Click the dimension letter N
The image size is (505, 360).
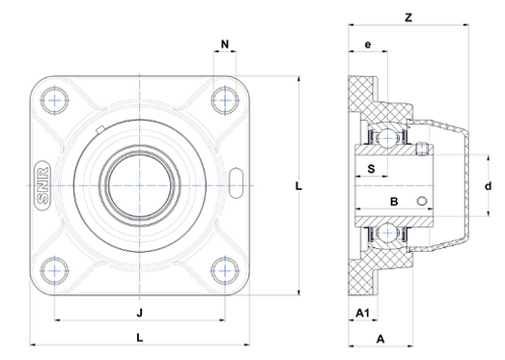tap(225, 44)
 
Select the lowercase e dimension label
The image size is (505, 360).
tap(367, 45)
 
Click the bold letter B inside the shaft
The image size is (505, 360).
tap(393, 201)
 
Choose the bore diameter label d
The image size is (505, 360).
tap(488, 185)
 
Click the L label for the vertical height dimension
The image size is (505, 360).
tap(300, 186)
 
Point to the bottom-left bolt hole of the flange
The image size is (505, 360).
tap(56, 270)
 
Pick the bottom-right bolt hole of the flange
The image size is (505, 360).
tap(225, 270)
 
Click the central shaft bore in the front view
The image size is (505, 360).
tap(141, 183)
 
